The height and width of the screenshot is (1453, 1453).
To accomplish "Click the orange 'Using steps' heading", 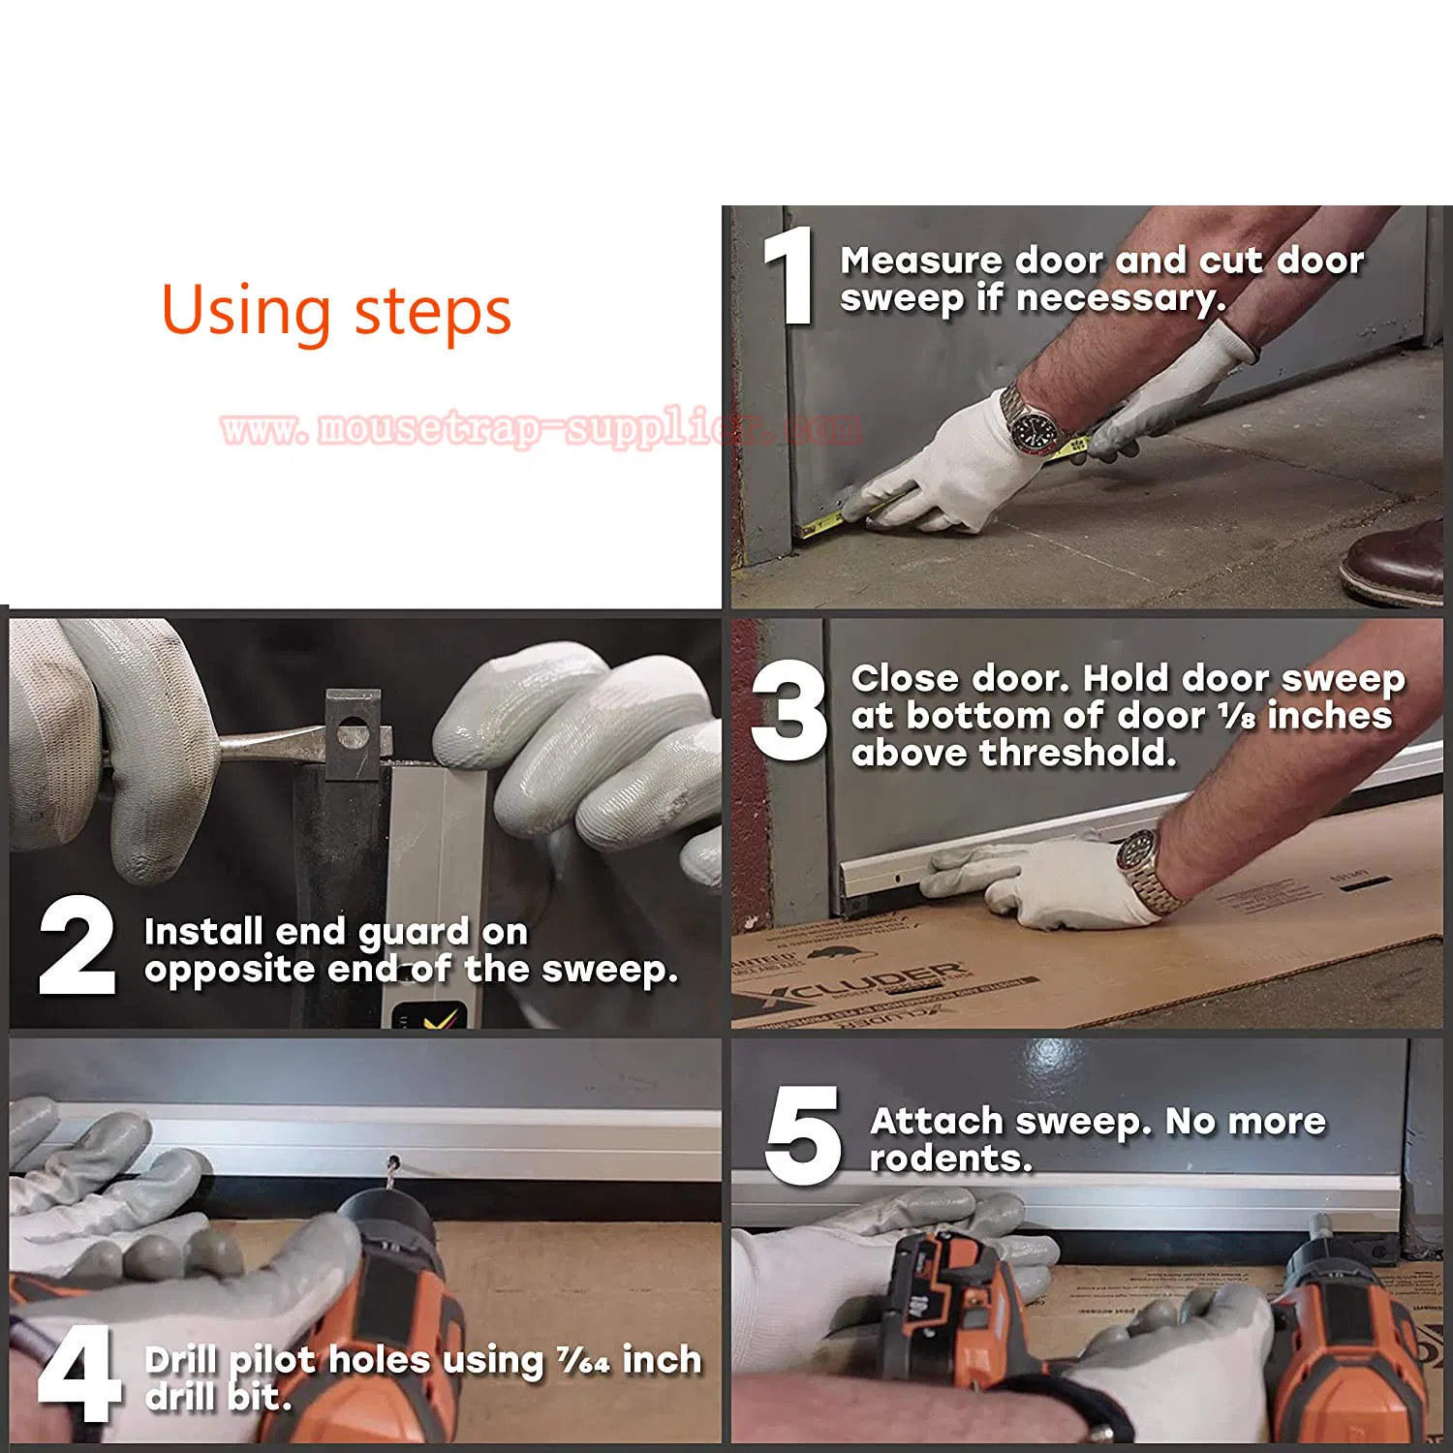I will pyautogui.click(x=336, y=311).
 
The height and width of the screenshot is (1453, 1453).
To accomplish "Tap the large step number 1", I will pyautogui.click(x=790, y=275).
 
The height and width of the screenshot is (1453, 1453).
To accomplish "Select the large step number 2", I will pyautogui.click(x=77, y=945).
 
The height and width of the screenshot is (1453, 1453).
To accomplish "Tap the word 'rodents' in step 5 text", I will pyautogui.click(x=949, y=1159).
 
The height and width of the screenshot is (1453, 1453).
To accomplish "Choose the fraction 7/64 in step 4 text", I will pyautogui.click(x=583, y=1361).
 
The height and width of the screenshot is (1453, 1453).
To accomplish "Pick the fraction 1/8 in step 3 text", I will pyautogui.click(x=1236, y=717).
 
